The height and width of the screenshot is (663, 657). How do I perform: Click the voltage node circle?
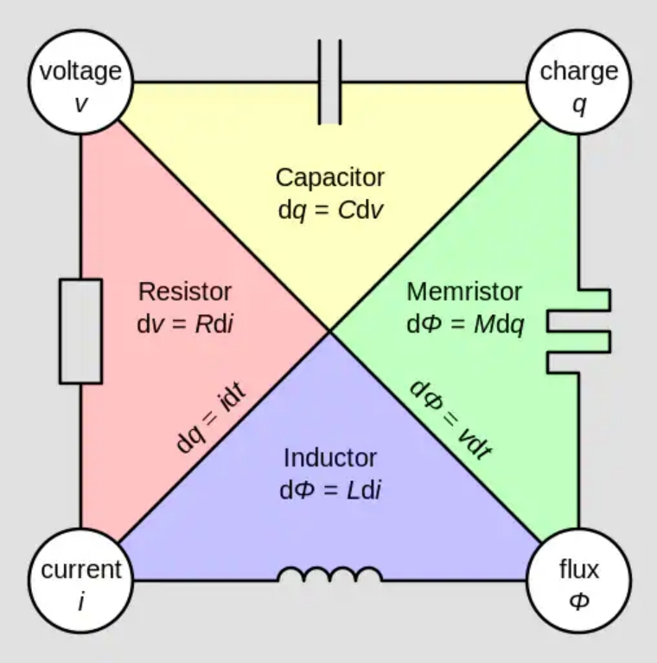point(81,83)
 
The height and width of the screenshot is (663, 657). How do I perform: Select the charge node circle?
point(578,83)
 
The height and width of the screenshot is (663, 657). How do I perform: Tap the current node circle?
point(81,580)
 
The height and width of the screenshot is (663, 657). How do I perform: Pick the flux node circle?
point(578,580)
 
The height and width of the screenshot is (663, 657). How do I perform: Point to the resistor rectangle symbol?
point(80,331)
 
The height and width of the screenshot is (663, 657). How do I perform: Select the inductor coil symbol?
point(329,574)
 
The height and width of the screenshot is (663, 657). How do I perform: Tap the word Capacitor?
point(329,177)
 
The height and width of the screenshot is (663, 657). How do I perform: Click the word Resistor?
point(185,291)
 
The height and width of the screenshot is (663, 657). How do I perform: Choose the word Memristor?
point(464,291)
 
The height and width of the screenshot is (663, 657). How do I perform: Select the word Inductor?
point(329,457)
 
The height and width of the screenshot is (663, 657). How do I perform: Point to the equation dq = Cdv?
point(329,210)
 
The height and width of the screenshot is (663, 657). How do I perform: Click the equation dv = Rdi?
point(185,324)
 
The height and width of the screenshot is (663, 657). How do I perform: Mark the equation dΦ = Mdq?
point(464,324)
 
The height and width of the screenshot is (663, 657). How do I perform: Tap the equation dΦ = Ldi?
point(329,490)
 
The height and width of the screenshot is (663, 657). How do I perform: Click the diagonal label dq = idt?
point(210,416)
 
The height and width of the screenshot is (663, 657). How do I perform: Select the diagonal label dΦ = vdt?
point(450,419)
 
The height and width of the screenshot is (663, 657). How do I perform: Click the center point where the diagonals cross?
point(329,331)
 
